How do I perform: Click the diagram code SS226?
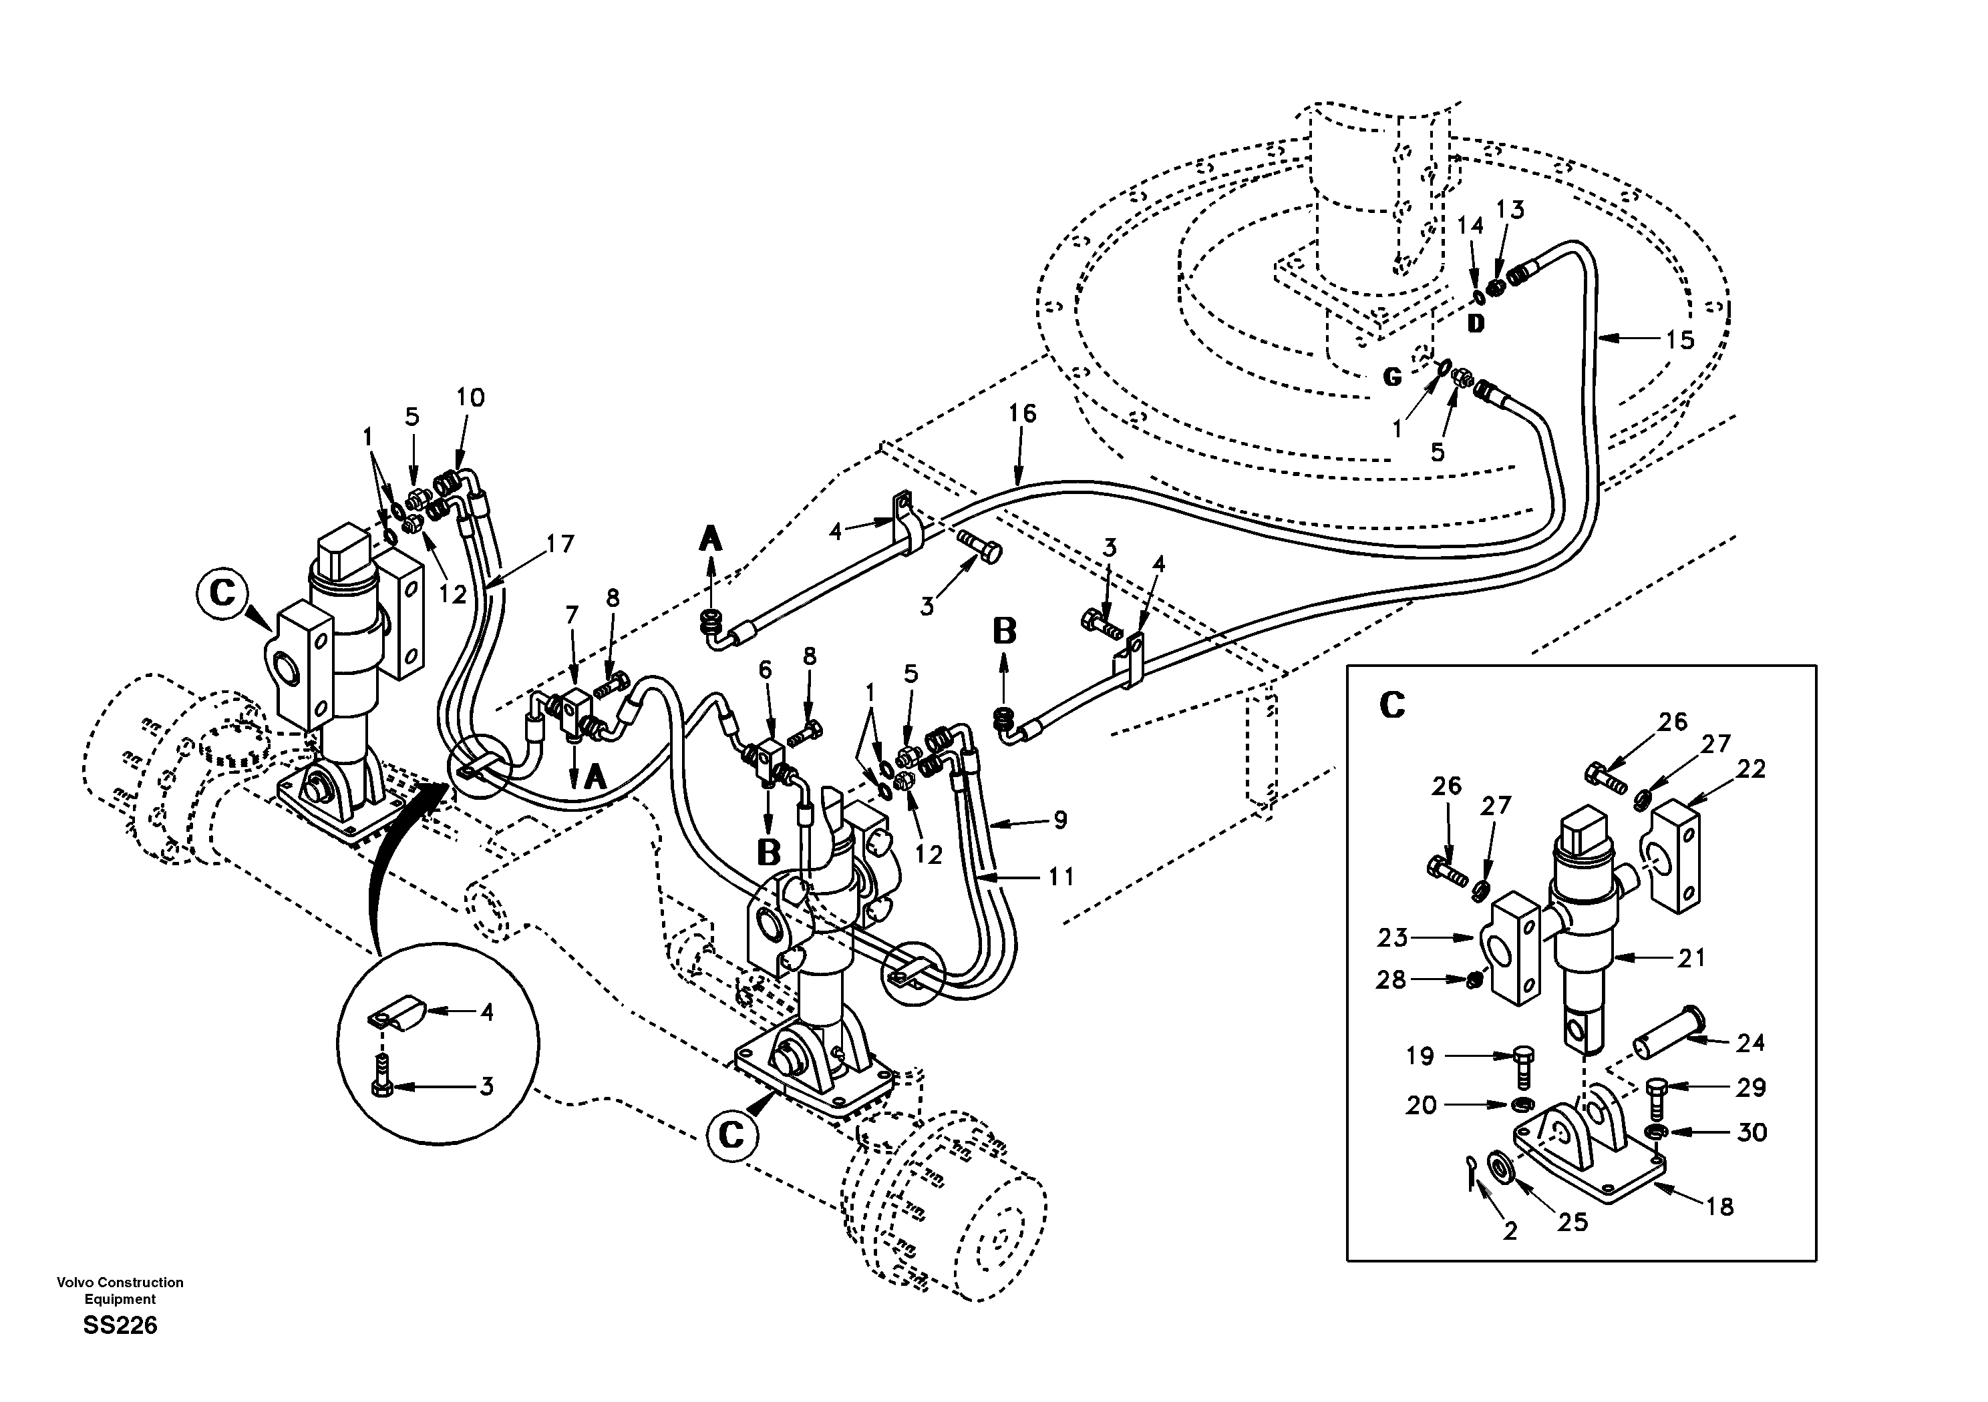coord(120,1325)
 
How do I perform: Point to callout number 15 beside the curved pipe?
coord(1680,339)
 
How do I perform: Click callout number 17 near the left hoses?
coord(560,543)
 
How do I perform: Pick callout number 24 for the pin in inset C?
coord(1750,1043)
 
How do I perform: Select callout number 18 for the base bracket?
coord(1720,1206)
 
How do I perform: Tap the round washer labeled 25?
coord(1497,1168)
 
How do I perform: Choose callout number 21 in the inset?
coord(1691,957)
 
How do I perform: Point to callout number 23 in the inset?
coord(1393,937)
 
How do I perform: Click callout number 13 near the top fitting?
coord(1510,210)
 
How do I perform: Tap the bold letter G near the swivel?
coord(1391,377)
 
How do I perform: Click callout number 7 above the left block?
coord(571,616)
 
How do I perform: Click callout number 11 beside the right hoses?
coord(1061,877)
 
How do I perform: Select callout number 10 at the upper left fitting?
coord(470,397)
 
